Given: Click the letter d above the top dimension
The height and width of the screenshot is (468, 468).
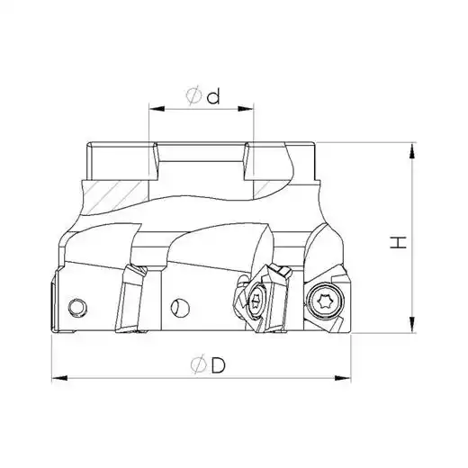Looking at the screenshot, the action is tap(214, 95).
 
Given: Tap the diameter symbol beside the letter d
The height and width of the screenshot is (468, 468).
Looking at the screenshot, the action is tap(193, 95).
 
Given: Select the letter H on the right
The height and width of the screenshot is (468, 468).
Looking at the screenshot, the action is tap(398, 242).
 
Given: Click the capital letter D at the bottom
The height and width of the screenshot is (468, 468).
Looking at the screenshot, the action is tap(218, 364).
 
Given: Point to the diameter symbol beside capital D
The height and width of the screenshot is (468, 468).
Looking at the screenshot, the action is tap(199, 364).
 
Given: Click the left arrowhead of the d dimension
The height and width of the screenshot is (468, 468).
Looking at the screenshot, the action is tap(157, 109).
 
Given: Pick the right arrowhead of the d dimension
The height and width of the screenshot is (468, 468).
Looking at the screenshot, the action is tap(246, 109).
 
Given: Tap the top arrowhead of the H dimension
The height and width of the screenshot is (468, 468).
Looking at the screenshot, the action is tap(413, 150).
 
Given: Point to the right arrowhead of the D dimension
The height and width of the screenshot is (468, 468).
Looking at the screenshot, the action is tap(342, 378).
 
